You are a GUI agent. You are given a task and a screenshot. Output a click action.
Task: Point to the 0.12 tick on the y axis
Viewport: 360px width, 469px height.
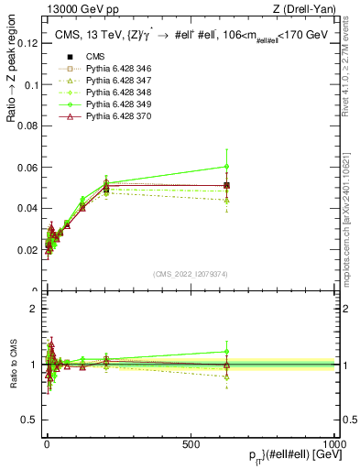[x=27, y=43]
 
